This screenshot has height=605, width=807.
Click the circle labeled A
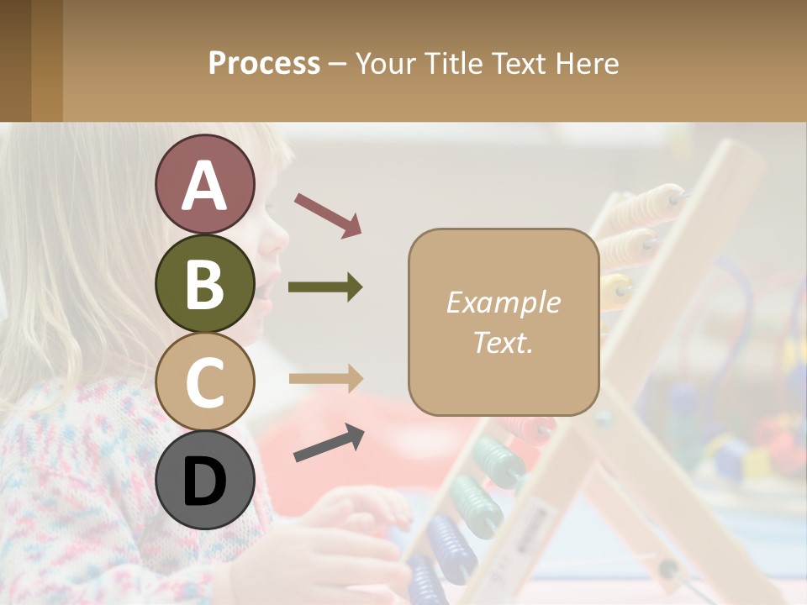click(x=204, y=184)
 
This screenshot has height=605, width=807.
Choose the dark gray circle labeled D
click(x=204, y=480)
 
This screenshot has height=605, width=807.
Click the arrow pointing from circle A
click(x=328, y=214)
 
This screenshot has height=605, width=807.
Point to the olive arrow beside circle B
click(x=325, y=287)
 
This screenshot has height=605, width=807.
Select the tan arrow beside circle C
click(x=325, y=378)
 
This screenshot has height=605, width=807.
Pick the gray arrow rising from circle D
click(x=329, y=443)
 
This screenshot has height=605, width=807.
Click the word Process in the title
click(x=264, y=63)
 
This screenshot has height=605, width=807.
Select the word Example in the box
click(x=503, y=302)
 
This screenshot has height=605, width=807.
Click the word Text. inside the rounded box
click(x=503, y=342)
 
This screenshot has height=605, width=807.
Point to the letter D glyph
click(x=204, y=481)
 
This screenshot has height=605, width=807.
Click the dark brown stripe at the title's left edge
click(x=15, y=60)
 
